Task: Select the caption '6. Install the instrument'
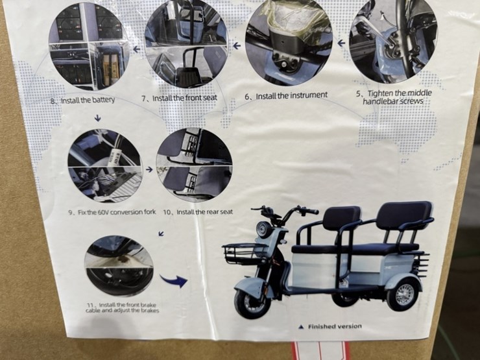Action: [286, 95]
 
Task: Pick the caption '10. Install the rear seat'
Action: [197, 212]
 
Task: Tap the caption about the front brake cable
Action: [123, 307]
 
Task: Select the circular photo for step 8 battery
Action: [88, 45]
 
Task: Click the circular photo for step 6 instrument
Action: [289, 35]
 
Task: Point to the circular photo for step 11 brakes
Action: [119, 265]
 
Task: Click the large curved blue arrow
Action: [173, 280]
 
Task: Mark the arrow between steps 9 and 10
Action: [149, 169]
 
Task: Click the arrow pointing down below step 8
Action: [97, 118]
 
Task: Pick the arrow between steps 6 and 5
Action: [341, 43]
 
